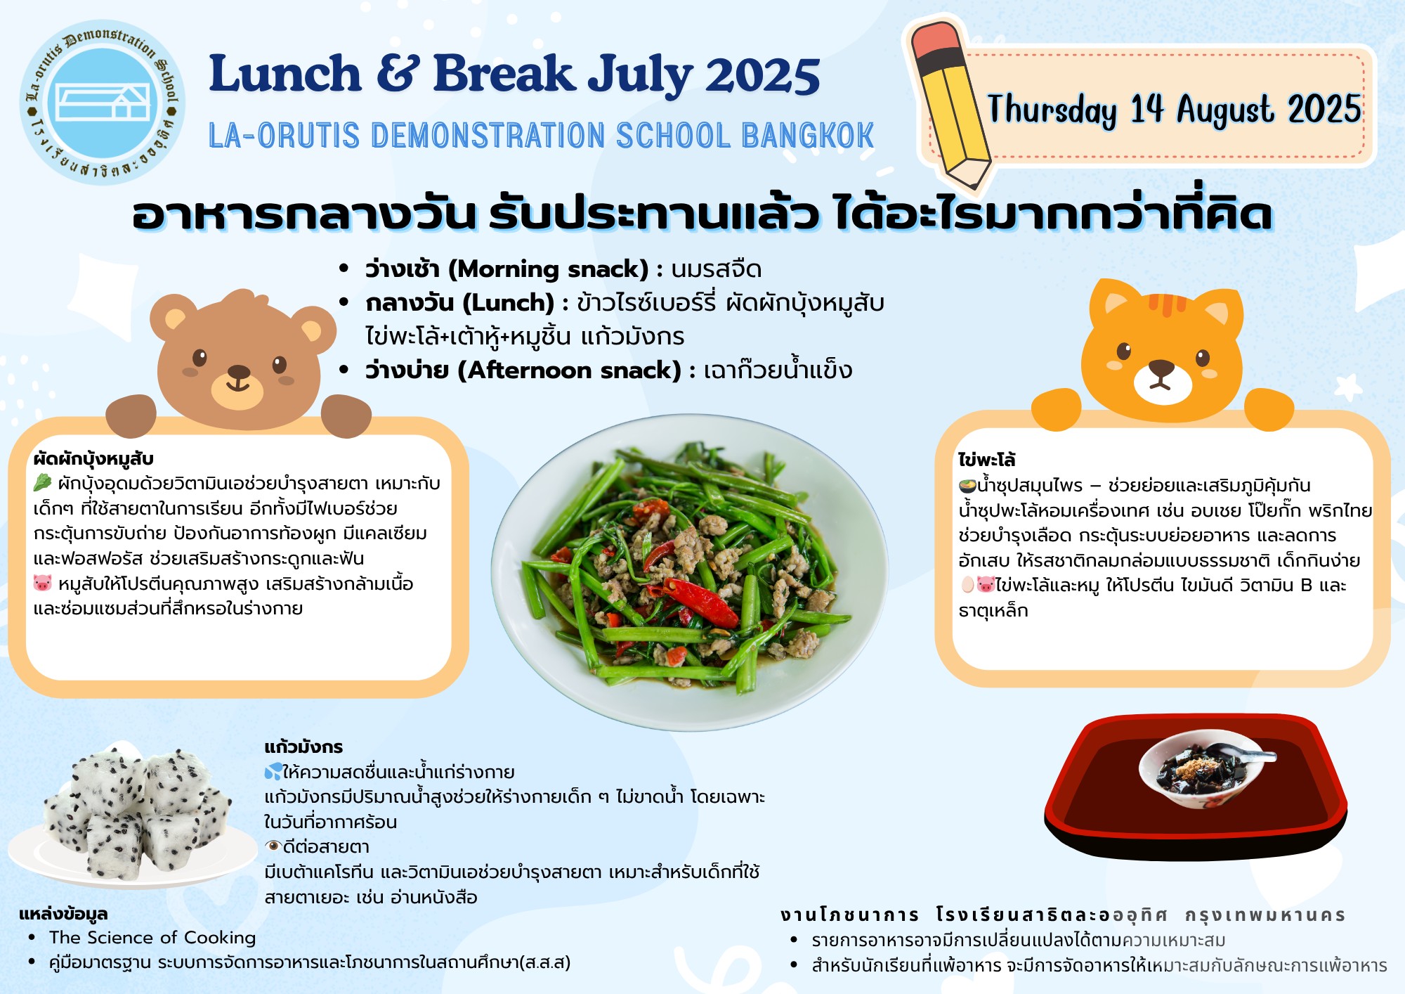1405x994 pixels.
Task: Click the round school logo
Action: point(103,103)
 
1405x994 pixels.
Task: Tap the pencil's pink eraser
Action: point(934,38)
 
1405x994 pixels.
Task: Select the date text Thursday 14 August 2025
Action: point(1175,110)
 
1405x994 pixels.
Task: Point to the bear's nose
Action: point(239,372)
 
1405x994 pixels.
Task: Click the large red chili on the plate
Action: point(700,602)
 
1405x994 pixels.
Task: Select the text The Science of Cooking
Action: point(152,938)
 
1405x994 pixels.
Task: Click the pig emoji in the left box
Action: point(43,583)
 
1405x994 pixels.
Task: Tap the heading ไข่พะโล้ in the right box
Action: point(987,460)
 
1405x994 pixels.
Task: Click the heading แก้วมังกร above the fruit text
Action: point(303,747)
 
